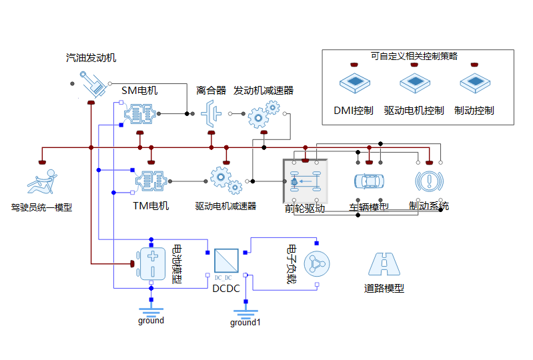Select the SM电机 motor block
tap(140, 114)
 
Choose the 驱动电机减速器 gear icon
tap(222, 181)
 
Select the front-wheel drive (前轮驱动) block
tap(306, 181)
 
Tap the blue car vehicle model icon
tap(369, 181)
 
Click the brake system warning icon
tap(430, 181)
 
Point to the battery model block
tap(153, 264)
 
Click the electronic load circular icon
tap(317, 264)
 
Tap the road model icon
tap(384, 264)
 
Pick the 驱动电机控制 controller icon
tap(414, 84)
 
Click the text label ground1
tap(245, 323)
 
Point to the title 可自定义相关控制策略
tap(414, 56)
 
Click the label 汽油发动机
tap(91, 58)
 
